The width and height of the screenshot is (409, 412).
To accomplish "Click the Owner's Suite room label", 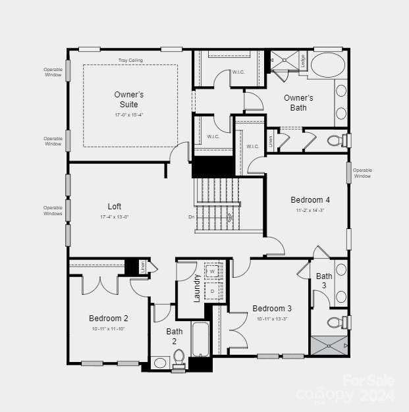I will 128,99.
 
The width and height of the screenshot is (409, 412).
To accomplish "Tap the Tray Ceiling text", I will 130,61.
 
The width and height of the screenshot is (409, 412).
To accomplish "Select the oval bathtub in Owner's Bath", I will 327,66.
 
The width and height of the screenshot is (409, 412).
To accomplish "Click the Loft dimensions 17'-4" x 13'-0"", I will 114,217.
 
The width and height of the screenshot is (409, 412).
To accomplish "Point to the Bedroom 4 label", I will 310,200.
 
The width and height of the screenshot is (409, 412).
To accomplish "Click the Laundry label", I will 196,288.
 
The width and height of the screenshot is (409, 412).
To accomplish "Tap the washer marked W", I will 213,271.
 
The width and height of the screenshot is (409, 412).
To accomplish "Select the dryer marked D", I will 213,290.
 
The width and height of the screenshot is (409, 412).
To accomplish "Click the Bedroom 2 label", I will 109,319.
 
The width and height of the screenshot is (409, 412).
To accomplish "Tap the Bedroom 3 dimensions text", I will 272,319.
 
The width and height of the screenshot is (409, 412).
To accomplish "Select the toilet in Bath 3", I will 337,322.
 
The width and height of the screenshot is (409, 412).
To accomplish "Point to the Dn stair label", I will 191,217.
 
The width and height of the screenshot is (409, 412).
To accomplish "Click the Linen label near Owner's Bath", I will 270,141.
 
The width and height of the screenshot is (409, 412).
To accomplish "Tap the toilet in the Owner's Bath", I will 337,140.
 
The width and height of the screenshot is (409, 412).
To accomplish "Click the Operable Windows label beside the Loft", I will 53,211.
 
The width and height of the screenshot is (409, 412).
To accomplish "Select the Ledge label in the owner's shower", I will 303,61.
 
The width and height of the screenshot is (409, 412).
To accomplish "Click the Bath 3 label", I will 324,280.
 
